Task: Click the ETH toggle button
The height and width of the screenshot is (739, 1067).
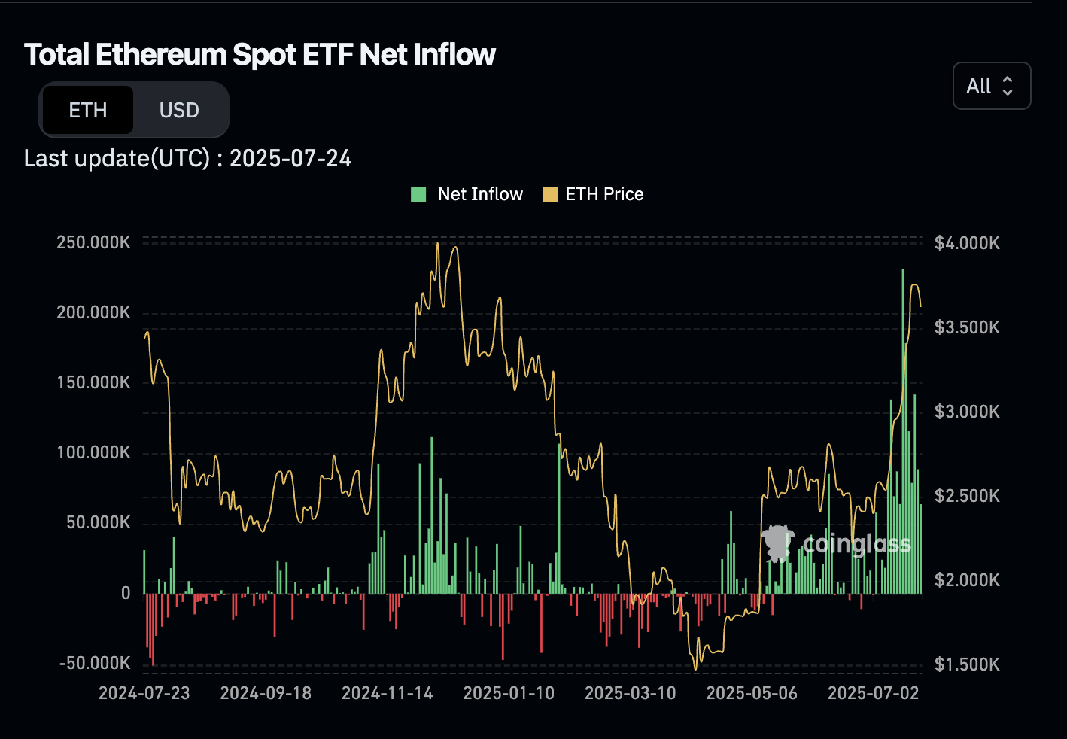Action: point(88,111)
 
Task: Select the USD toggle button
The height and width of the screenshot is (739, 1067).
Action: point(179,111)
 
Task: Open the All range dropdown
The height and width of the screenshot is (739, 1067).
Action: point(991,86)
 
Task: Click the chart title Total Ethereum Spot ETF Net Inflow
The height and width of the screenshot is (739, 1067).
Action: point(260,55)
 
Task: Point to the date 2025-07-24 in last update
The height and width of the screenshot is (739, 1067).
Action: point(290,159)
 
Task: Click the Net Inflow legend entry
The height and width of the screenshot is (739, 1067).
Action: point(467,195)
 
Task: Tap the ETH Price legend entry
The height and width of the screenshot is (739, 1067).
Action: point(594,195)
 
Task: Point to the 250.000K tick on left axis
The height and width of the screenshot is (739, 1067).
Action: point(93,242)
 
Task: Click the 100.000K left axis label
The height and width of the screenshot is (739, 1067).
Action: point(93,452)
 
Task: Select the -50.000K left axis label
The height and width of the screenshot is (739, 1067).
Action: point(95,663)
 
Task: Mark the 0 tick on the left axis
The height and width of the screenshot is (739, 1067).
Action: point(126,593)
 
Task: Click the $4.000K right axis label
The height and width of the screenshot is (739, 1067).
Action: point(967,243)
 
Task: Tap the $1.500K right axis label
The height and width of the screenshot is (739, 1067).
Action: point(967,664)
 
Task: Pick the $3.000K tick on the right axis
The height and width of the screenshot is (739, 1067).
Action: point(967,412)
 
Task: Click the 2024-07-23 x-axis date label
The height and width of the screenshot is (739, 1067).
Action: point(144,693)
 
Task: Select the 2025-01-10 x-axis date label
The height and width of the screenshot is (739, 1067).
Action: point(509,693)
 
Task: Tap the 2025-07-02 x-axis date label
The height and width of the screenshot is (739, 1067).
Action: point(873,693)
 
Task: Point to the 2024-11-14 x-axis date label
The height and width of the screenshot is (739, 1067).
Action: point(388,693)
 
